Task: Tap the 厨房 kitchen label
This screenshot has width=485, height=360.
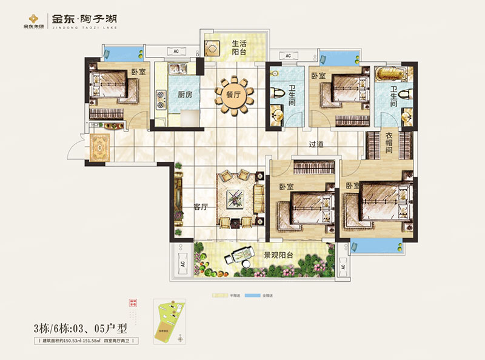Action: pyautogui.click(x=176, y=96)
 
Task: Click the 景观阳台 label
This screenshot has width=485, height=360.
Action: pyautogui.click(x=278, y=256)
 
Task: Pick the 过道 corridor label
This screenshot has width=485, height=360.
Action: pyautogui.click(x=316, y=145)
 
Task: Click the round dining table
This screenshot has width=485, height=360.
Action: pyautogui.click(x=232, y=95)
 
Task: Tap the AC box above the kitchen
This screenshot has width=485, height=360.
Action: pyautogui.click(x=175, y=52)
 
